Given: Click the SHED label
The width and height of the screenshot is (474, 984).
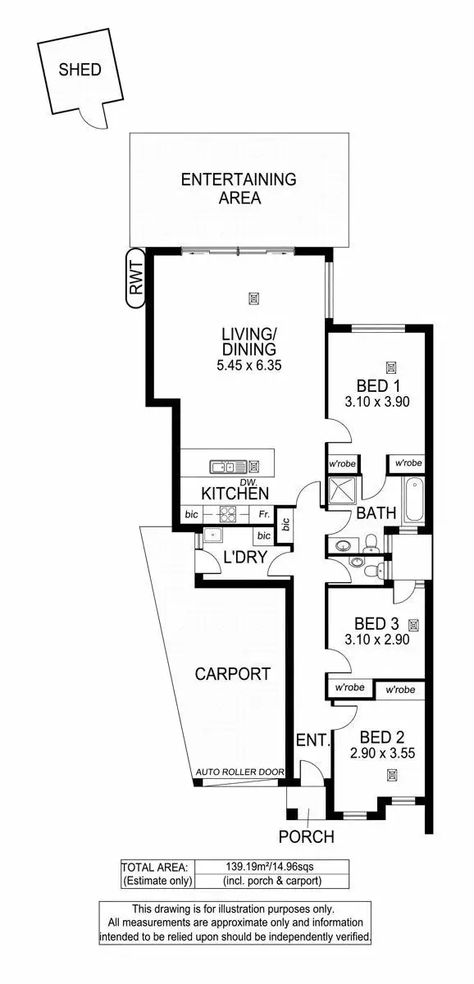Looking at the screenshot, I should (x=80, y=70).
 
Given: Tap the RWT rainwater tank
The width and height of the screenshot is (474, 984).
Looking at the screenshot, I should (x=136, y=277).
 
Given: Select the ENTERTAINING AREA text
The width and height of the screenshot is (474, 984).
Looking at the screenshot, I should (x=239, y=189).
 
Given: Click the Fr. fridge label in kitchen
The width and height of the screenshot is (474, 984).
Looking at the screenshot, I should (x=263, y=514).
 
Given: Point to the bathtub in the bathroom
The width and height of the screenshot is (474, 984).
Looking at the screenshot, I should (x=412, y=501).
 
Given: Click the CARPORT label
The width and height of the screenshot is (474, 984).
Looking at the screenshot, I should (x=232, y=674).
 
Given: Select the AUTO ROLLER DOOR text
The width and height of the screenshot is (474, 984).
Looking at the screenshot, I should (x=240, y=772).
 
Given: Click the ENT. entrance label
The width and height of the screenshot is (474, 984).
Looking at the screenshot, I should (x=313, y=741).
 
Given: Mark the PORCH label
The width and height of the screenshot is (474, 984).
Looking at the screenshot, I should (x=307, y=837).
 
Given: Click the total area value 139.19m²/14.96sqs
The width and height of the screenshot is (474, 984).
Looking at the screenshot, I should (x=271, y=866).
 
